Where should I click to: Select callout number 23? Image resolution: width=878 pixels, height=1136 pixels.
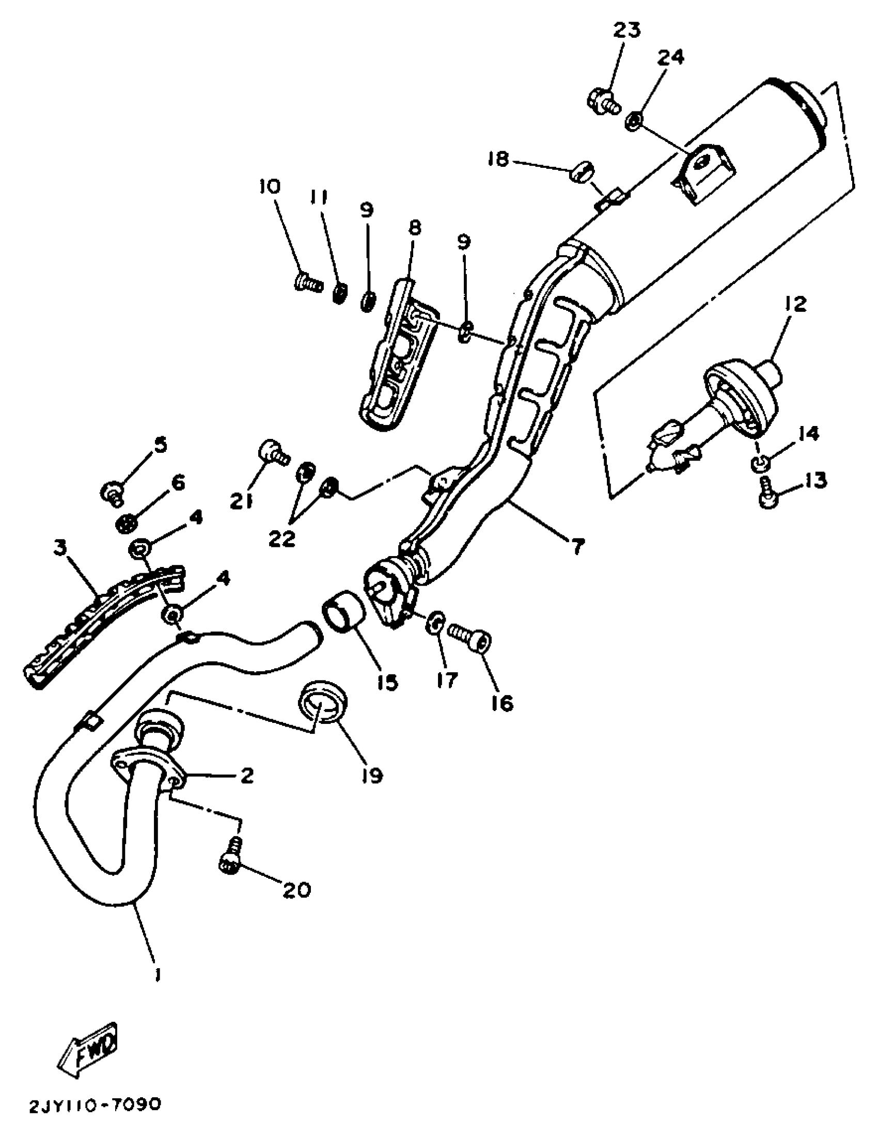626,30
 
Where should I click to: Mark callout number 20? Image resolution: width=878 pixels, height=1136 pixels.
296,904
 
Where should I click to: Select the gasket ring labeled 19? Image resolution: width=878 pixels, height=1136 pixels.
322,701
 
